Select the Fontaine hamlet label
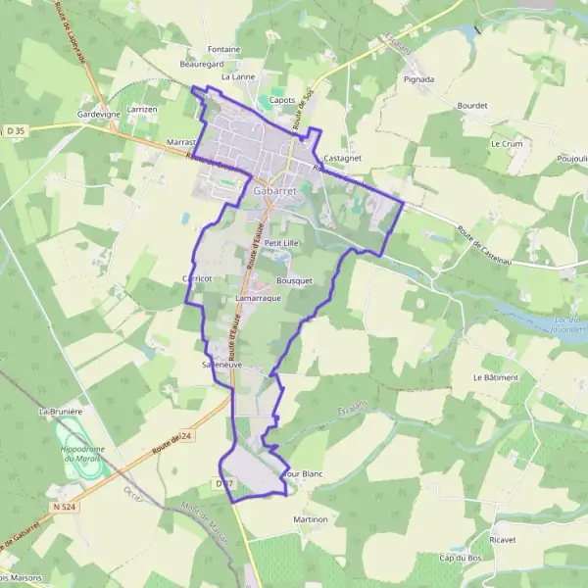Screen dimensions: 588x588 pos(224,49)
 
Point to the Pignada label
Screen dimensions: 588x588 pos(419,78)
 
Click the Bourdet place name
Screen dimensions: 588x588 pos(471,105)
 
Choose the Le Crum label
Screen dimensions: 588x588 pos(506,143)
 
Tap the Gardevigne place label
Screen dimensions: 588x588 pos(98,114)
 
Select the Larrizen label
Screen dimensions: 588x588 pos(141,110)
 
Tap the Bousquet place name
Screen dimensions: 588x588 pos(294,280)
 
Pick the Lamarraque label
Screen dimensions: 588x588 pos(259,297)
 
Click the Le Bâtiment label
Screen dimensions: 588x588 pos(495,376)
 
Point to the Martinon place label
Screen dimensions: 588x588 pos(310,518)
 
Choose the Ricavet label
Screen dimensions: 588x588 pos(503,539)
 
